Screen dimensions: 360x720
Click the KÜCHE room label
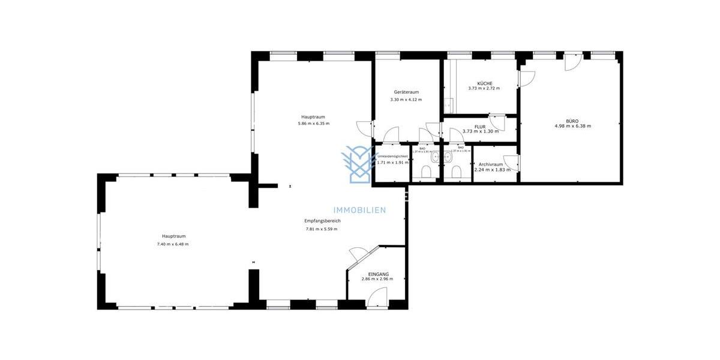(485, 83)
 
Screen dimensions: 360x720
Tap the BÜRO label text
(572, 121)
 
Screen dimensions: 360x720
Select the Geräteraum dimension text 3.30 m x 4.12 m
(406, 100)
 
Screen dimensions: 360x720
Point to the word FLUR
(479, 127)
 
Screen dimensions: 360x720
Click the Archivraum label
(491, 164)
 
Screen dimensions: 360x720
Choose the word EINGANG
(377, 274)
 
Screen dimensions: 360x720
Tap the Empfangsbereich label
(323, 221)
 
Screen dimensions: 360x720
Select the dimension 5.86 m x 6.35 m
(313, 124)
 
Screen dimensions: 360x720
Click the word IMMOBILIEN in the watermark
(361, 210)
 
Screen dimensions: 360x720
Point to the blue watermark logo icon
(358, 163)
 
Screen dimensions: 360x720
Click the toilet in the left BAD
(426, 173)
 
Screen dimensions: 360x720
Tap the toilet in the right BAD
(456, 173)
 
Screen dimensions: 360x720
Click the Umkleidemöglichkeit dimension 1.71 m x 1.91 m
(392, 163)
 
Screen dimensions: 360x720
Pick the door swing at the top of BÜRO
(572, 62)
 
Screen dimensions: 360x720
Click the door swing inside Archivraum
(511, 163)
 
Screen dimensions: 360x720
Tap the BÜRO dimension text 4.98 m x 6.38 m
(572, 126)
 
